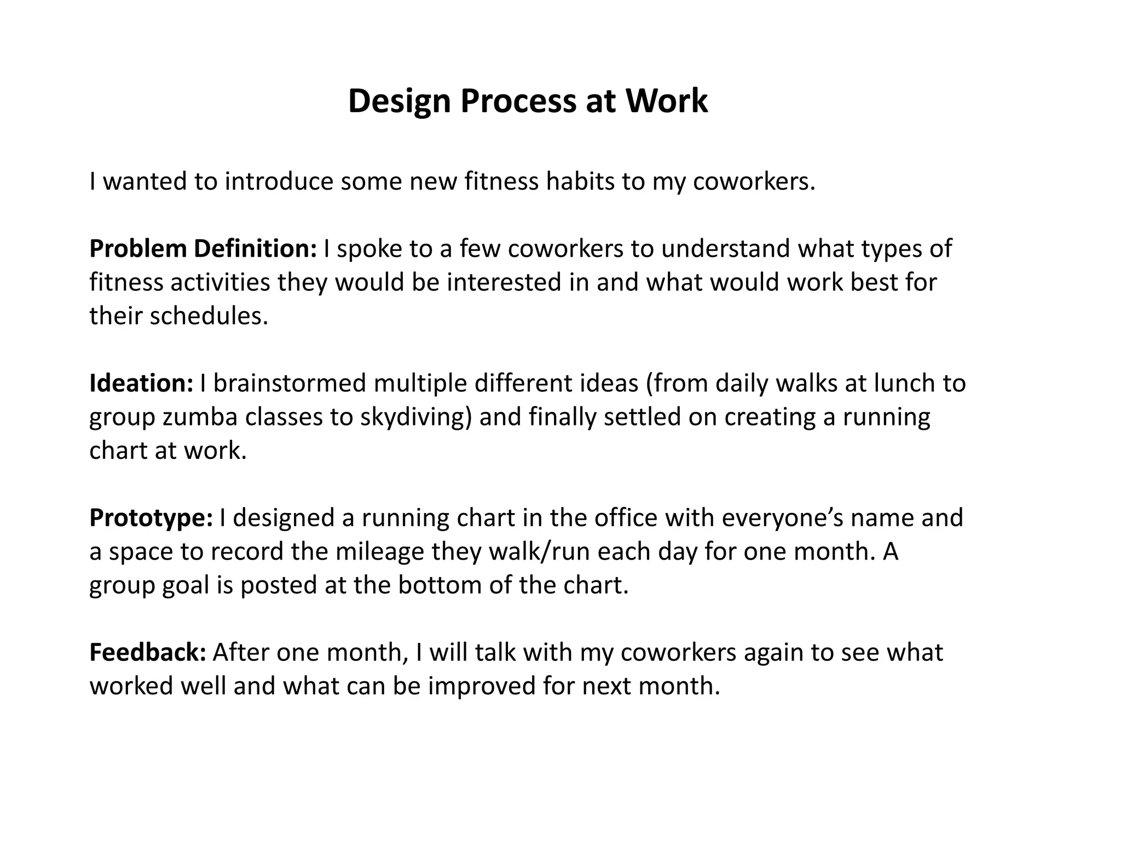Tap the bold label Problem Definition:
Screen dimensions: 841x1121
[203, 249]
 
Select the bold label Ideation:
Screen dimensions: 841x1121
[141, 383]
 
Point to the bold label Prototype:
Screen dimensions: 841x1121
[151, 518]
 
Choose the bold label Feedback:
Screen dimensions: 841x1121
[148, 653]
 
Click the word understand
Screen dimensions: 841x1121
[725, 249]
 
